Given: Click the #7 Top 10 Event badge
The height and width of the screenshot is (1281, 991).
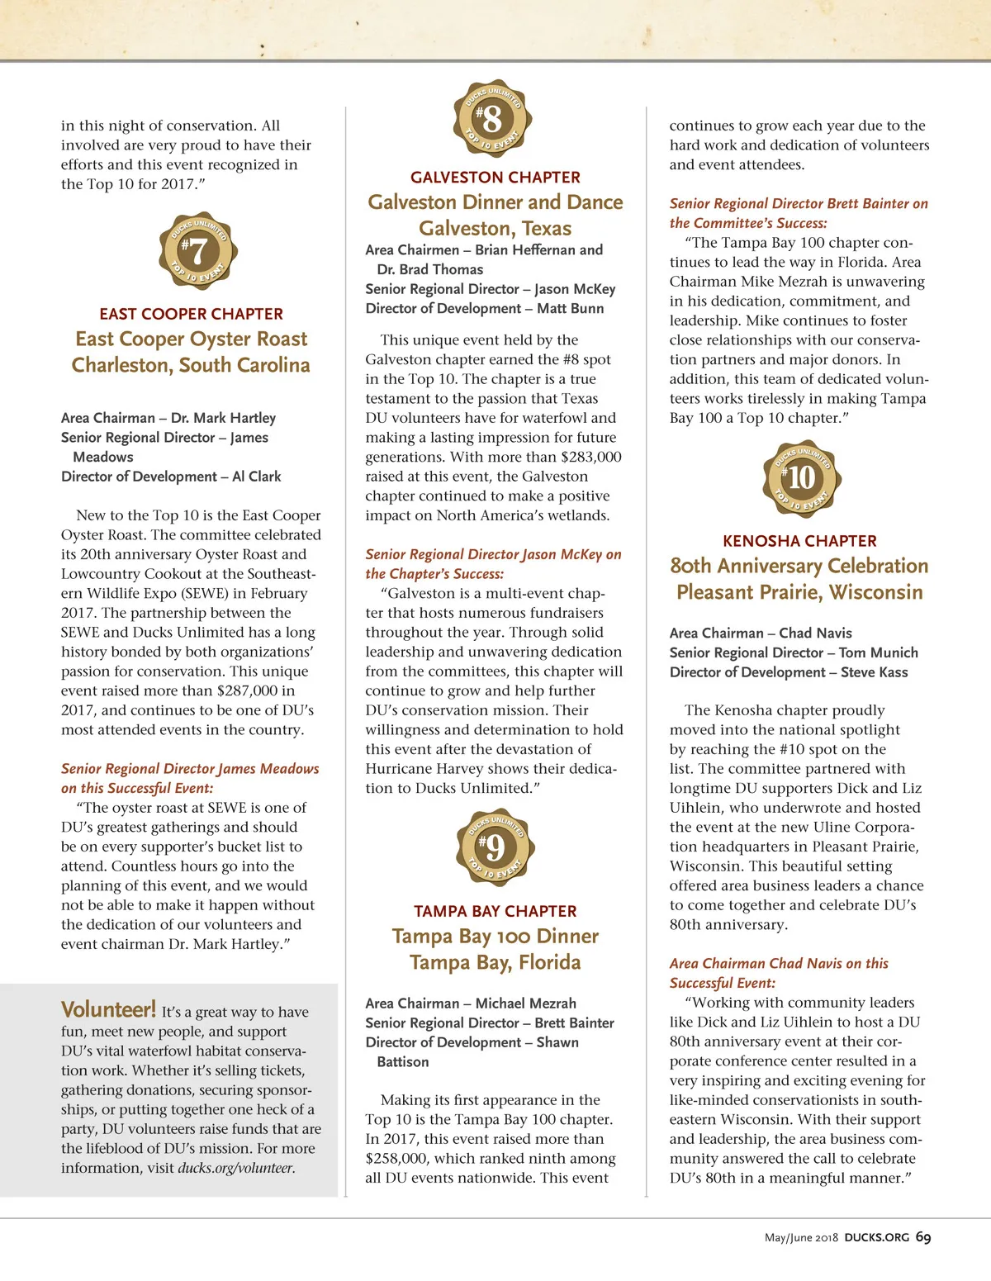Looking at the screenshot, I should [x=198, y=250].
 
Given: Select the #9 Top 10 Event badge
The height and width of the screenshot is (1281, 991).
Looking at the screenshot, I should [x=495, y=847].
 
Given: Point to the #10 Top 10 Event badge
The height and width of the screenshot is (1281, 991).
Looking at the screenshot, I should [x=801, y=478].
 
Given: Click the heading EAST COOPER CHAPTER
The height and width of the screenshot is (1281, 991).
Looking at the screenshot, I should [x=191, y=314].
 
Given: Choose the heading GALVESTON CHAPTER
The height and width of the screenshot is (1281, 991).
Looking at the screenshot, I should [x=495, y=178].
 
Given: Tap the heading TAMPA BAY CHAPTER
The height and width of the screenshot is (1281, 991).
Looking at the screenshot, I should [x=495, y=911].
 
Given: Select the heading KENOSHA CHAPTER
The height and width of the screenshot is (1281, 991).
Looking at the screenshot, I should [x=799, y=541].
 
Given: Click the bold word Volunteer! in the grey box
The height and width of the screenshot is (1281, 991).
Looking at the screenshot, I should [x=108, y=1009].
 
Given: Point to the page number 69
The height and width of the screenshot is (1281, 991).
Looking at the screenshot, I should [x=923, y=1237].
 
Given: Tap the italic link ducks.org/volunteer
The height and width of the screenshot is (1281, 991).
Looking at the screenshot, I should [x=236, y=1168].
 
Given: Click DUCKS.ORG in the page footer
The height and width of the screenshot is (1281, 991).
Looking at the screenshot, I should [x=876, y=1237].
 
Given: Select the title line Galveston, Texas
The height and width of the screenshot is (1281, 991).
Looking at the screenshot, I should [x=495, y=228].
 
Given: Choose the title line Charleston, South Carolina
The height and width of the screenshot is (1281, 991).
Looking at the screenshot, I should [x=191, y=365].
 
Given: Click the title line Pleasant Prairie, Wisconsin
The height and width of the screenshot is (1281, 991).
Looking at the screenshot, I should [x=799, y=592].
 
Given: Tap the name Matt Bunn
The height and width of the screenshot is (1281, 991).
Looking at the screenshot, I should [x=570, y=308].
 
